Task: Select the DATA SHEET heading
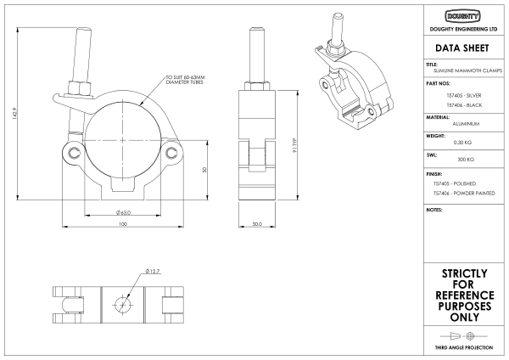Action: [463, 48]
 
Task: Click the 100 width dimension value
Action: [122, 225]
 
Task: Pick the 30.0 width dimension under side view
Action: [257, 225]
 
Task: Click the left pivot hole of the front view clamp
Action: [76, 153]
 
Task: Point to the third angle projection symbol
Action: [463, 337]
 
